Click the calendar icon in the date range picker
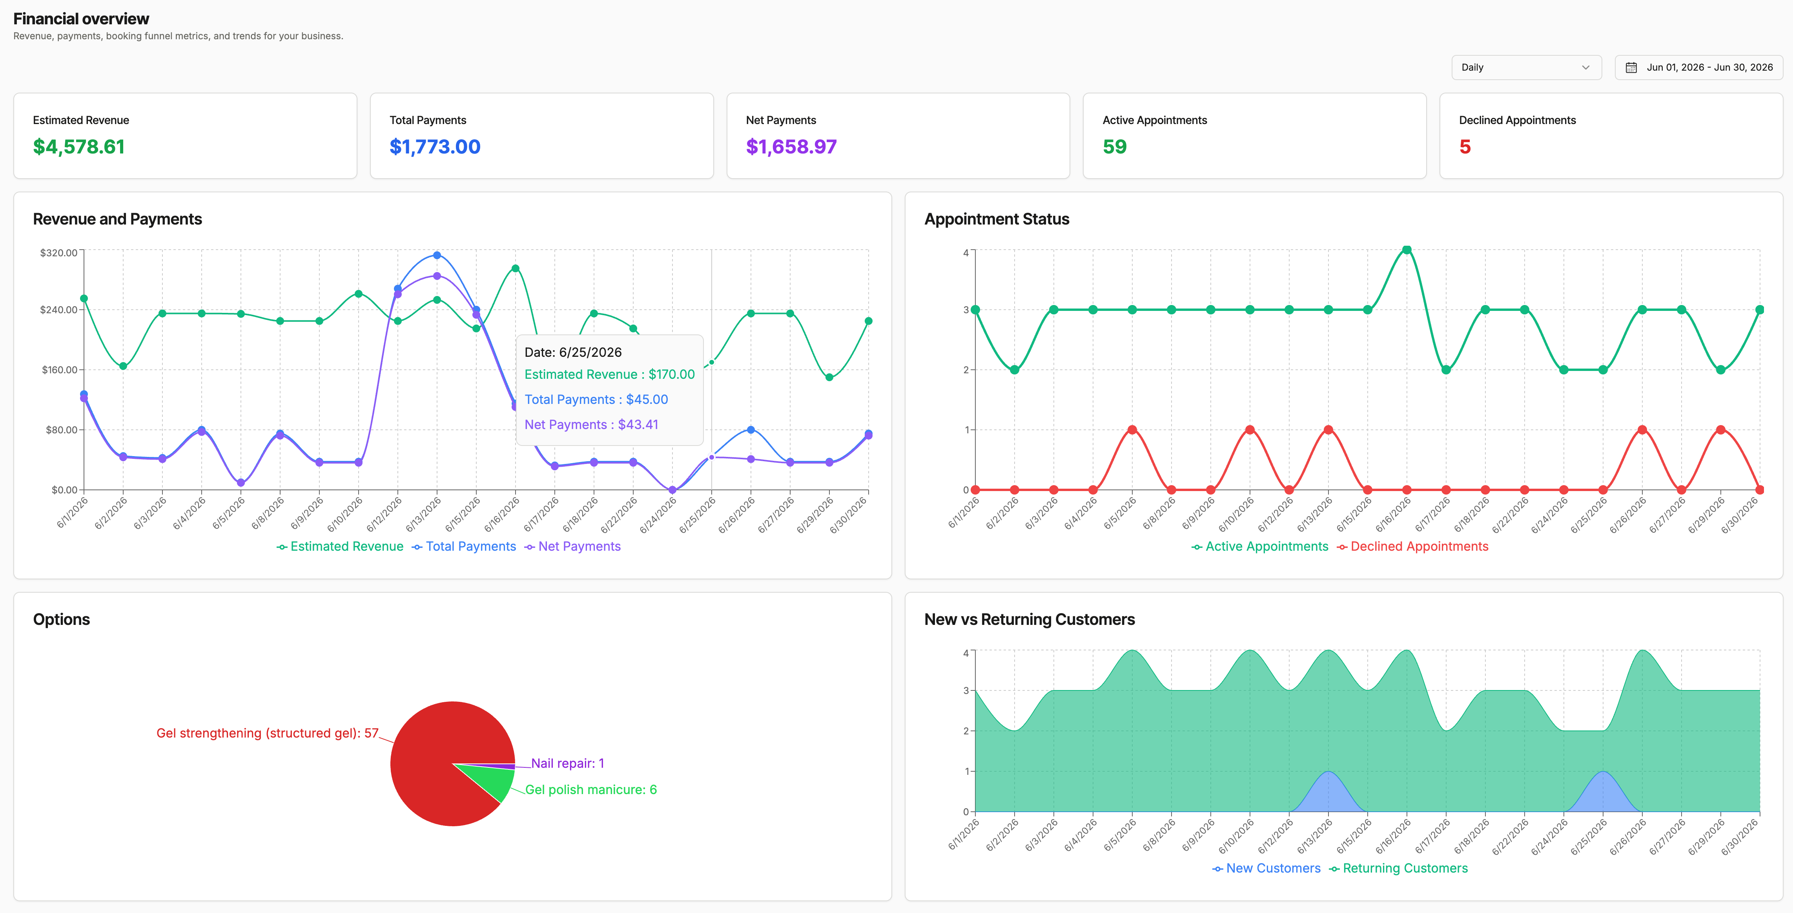1631,68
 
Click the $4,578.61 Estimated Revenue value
78,147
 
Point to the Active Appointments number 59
1114,147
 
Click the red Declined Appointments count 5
1465,147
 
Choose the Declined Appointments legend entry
1412,547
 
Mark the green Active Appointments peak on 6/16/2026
1407,250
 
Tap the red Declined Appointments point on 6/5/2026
1132,430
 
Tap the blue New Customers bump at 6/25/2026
1603,794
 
